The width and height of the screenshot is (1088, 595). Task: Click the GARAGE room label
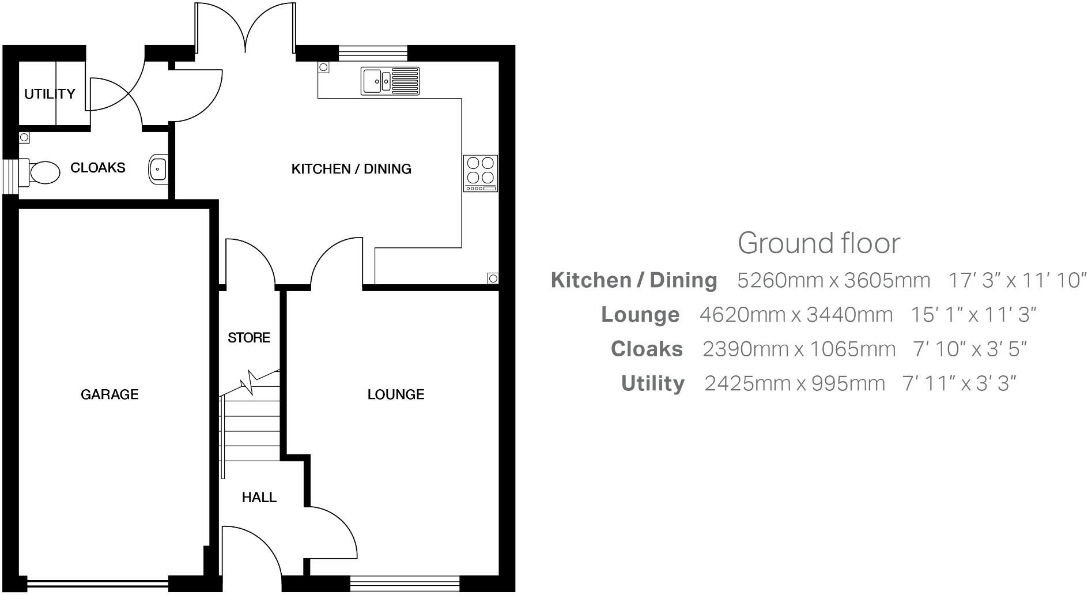click(x=109, y=394)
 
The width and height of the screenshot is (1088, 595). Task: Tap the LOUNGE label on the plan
click(x=396, y=394)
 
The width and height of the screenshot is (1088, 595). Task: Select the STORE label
click(x=248, y=337)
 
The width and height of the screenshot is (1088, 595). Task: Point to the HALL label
click(x=259, y=497)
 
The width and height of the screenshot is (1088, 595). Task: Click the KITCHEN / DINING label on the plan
click(x=351, y=169)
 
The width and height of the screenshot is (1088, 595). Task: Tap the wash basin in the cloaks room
click(x=157, y=169)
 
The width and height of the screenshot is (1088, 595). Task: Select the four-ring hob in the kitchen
click(x=481, y=173)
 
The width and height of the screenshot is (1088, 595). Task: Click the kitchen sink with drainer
click(x=390, y=81)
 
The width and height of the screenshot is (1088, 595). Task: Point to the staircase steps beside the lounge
click(x=251, y=424)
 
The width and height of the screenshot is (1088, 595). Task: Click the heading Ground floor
click(x=818, y=243)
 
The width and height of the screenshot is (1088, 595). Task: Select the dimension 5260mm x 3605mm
click(x=833, y=280)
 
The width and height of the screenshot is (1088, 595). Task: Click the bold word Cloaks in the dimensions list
click(x=647, y=349)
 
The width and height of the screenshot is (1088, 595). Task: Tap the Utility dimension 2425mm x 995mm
click(x=794, y=383)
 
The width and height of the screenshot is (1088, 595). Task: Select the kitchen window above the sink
click(x=373, y=53)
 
